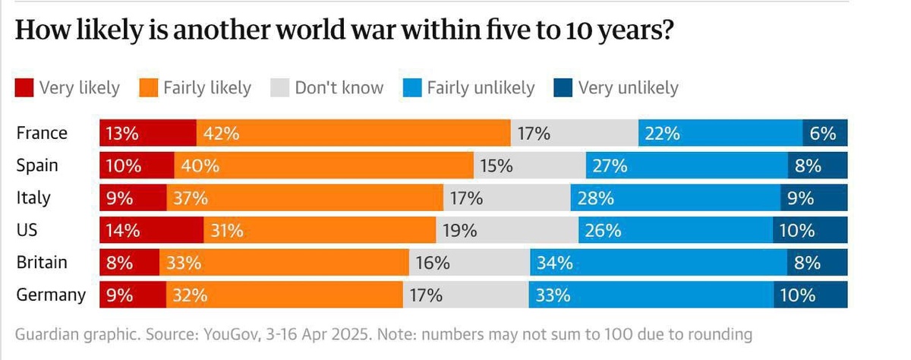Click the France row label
(42, 134)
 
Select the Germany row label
(51, 295)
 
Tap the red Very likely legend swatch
(24, 88)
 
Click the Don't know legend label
(339, 88)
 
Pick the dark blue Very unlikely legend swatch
(563, 88)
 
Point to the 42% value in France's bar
(221, 134)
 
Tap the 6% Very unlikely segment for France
(824, 134)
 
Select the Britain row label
(42, 263)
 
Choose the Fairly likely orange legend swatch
(148, 88)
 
